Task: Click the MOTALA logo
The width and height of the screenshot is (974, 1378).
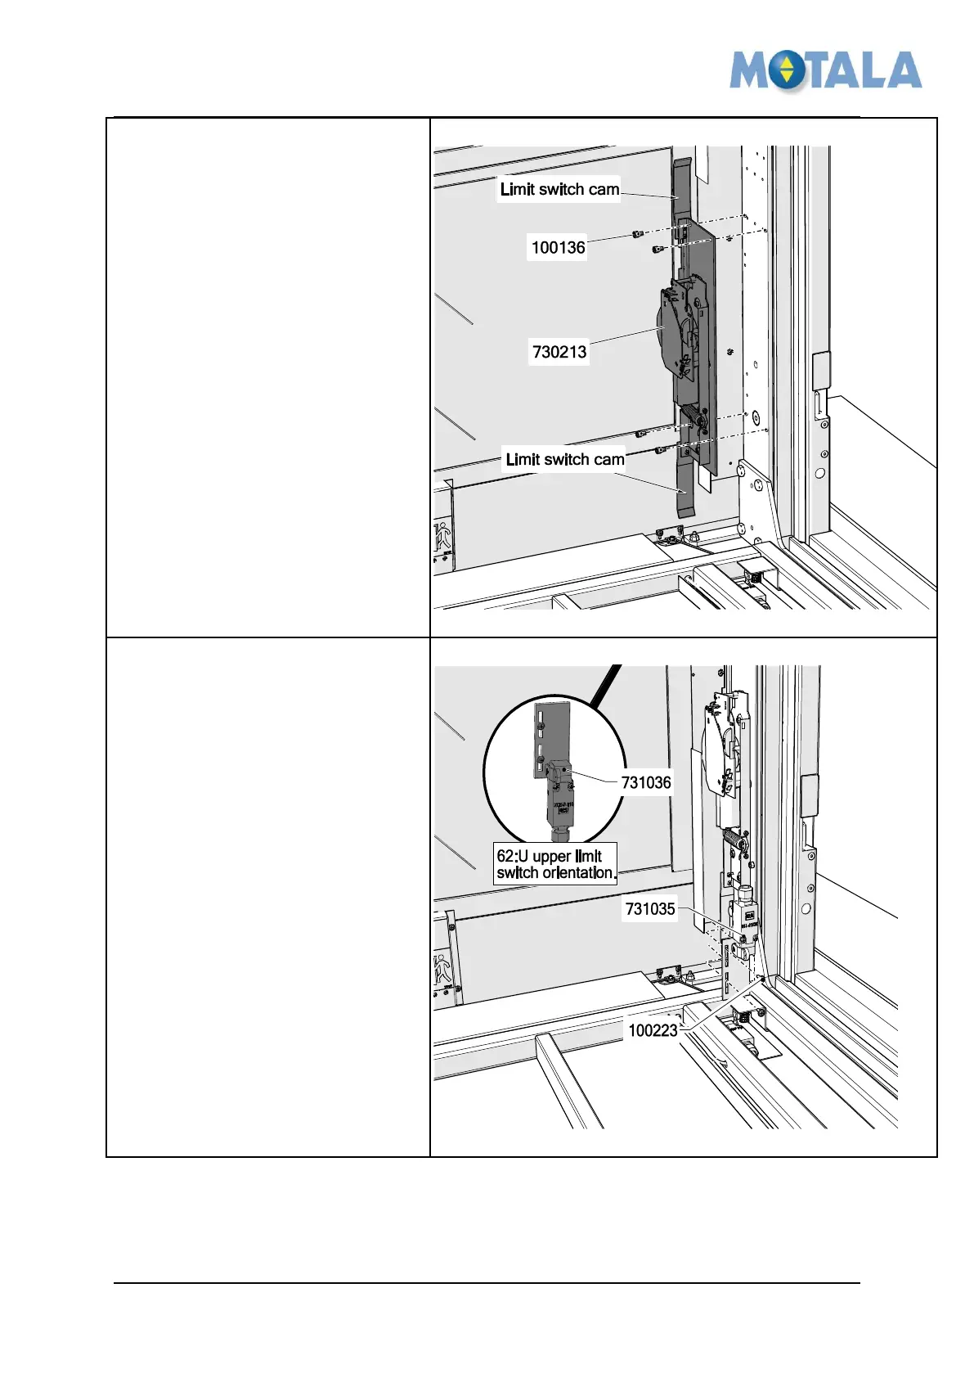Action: coord(825,70)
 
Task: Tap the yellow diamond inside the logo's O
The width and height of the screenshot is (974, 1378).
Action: coord(787,70)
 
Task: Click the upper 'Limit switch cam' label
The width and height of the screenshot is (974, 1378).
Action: coord(559,189)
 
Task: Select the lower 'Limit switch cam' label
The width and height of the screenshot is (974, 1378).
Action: coord(564,459)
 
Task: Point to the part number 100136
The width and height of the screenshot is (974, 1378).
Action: coord(558,247)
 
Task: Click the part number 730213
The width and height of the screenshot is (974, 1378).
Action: coord(559,352)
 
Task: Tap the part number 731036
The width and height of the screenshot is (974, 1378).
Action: coord(645,782)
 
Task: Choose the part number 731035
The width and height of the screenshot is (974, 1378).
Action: coord(650,908)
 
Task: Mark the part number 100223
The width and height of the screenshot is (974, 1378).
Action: coord(653,1030)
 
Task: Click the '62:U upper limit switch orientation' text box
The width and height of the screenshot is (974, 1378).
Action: coord(555,864)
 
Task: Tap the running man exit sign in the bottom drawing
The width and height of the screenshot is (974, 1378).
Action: coord(442,970)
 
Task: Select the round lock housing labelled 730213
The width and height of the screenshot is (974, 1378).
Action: coord(676,331)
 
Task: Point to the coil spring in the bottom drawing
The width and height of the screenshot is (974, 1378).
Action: coord(733,843)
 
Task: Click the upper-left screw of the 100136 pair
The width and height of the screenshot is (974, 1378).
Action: coord(638,235)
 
